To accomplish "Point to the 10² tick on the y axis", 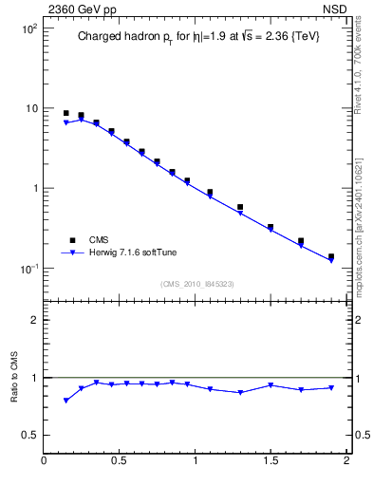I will pyautogui.click(x=29, y=28).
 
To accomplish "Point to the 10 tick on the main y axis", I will pyautogui.click(x=31, y=108).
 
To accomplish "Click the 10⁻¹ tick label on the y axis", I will pyautogui.click(x=29, y=268).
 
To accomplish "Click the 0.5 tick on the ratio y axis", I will pyautogui.click(x=30, y=435).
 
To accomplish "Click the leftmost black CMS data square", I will pyautogui.click(x=65, y=113).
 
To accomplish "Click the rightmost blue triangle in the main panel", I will pyautogui.click(x=331, y=260).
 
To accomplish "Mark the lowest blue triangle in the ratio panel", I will pyautogui.click(x=65, y=401).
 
